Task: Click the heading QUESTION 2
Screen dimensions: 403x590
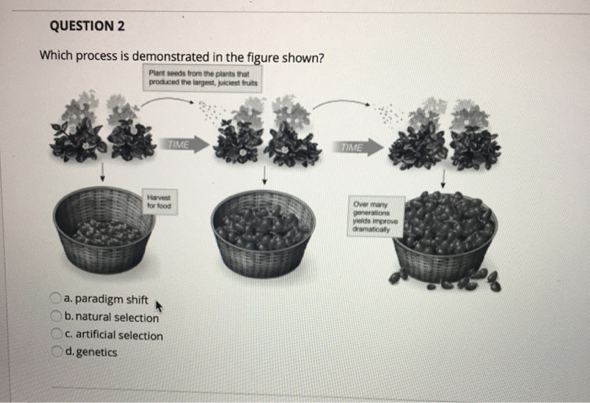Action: tap(87, 25)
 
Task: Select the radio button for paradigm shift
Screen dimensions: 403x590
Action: tap(55, 298)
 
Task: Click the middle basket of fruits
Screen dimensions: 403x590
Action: tap(263, 232)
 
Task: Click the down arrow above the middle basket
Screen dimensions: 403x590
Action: tap(264, 175)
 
